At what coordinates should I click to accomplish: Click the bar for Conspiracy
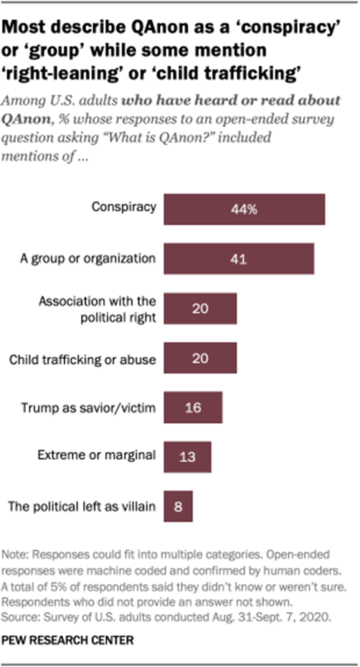[245, 209]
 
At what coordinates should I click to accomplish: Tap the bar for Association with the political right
[200, 308]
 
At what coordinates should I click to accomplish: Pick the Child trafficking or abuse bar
[200, 358]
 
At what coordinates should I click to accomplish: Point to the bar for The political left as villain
[179, 507]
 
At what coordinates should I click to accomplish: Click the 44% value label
[245, 209]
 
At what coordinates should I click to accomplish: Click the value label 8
[179, 507]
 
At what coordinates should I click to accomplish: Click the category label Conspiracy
[123, 208]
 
